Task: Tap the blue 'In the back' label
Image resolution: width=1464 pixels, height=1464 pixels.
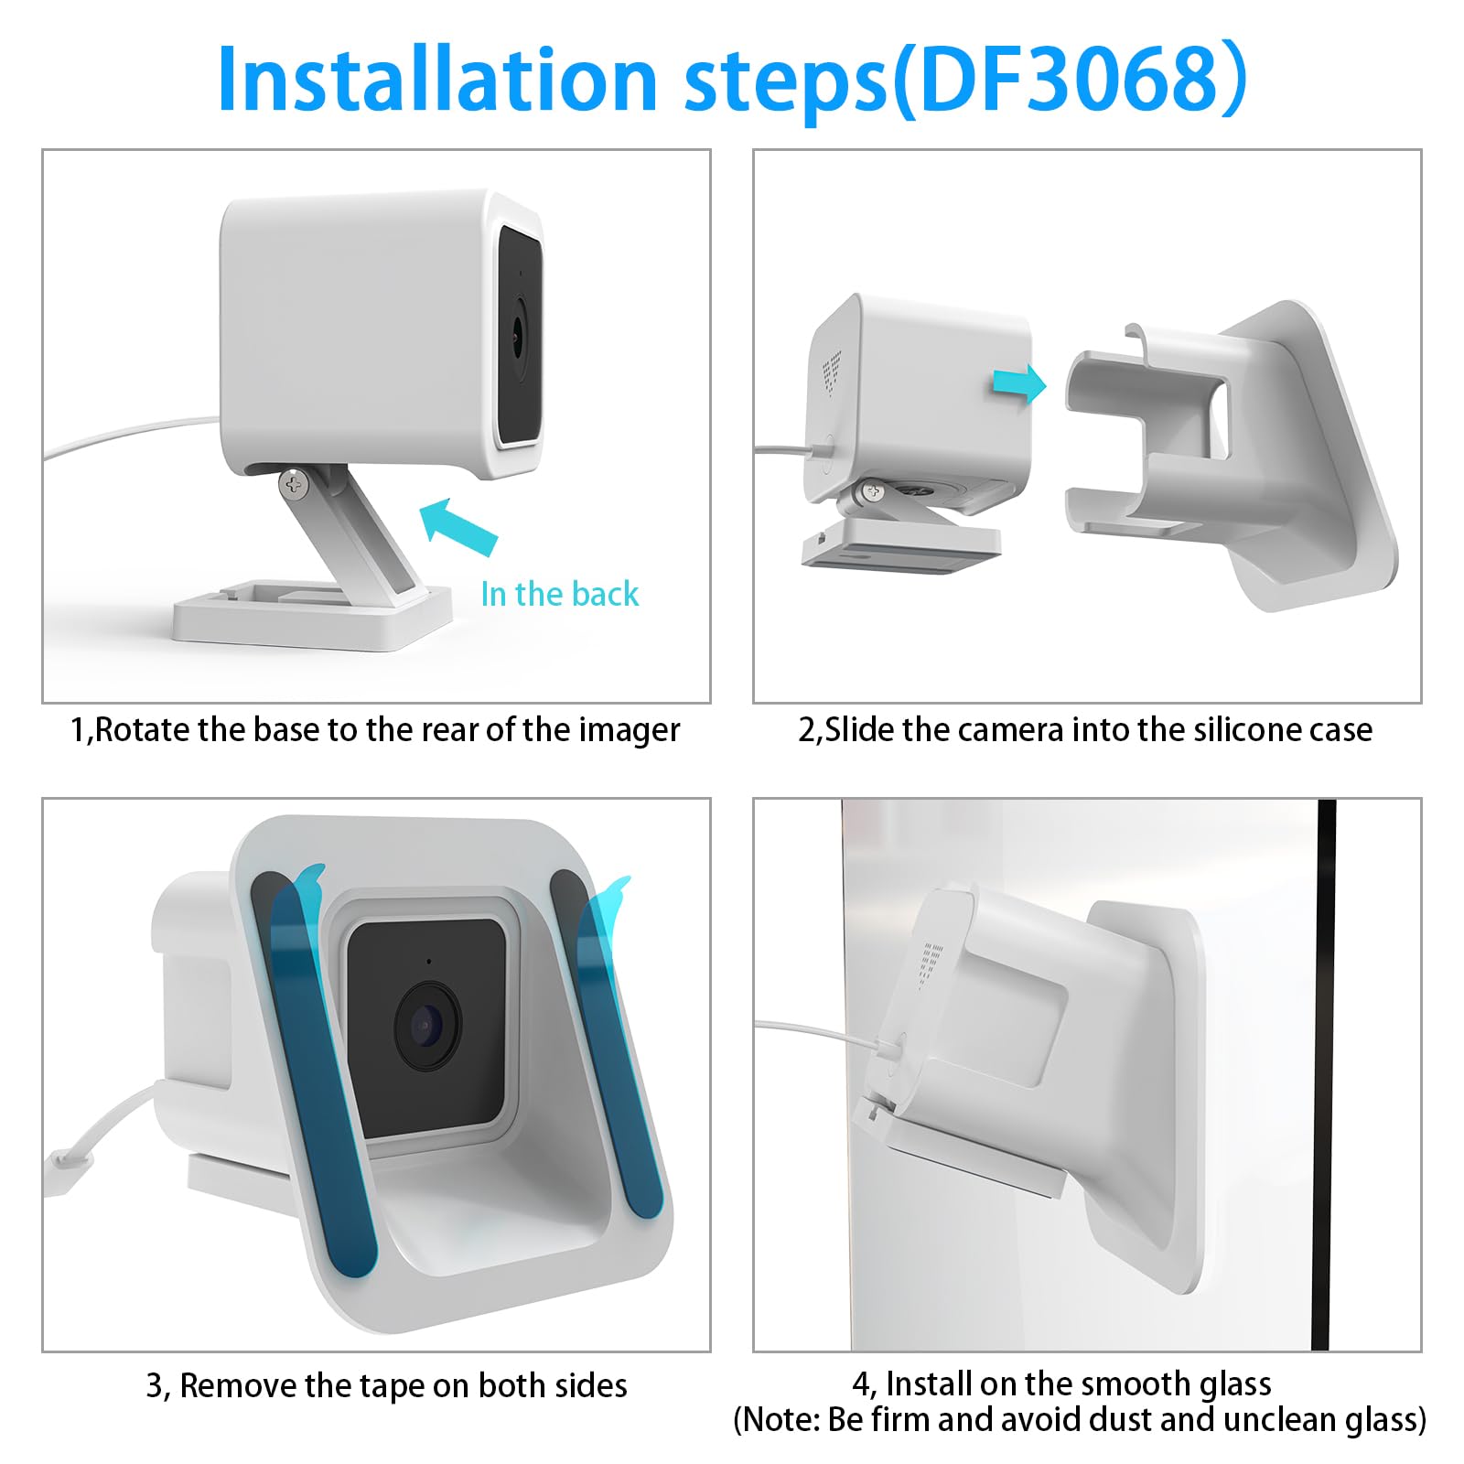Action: point(559,595)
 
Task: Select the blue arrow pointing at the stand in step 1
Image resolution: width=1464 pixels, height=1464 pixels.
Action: point(459,527)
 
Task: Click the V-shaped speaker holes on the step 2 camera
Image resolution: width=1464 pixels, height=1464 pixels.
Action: point(831,371)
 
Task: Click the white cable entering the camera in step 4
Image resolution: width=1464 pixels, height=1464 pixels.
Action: point(823,1031)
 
